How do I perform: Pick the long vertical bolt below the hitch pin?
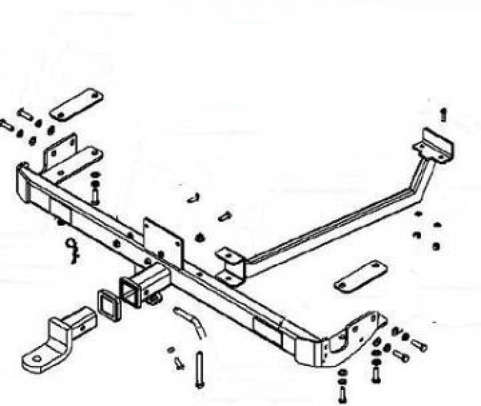click(200, 369)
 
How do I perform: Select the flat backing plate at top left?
click(76, 104)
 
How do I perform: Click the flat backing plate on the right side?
click(361, 276)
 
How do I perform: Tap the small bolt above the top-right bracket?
click(443, 114)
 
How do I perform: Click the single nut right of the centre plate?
click(200, 237)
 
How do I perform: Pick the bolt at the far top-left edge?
click(6, 125)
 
